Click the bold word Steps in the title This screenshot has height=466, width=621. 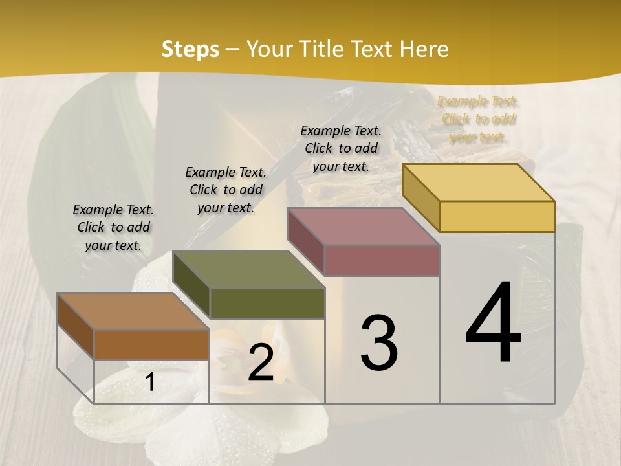click(190, 49)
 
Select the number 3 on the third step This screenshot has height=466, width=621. click(379, 342)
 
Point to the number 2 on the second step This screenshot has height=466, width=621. click(261, 362)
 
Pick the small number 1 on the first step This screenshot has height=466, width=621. click(150, 383)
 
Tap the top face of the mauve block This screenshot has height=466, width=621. click(363, 226)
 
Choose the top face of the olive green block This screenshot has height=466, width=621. click(248, 269)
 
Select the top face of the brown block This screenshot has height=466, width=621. click(133, 311)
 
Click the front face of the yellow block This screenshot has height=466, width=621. click(497, 216)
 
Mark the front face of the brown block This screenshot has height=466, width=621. click(151, 344)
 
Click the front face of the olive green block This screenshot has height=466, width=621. click(267, 303)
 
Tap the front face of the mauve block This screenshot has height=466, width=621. click(382, 260)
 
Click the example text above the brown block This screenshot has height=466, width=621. click(113, 227)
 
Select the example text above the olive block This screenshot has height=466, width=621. click(226, 190)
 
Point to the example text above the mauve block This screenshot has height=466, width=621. click(341, 148)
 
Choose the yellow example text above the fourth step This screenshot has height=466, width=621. click(478, 119)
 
